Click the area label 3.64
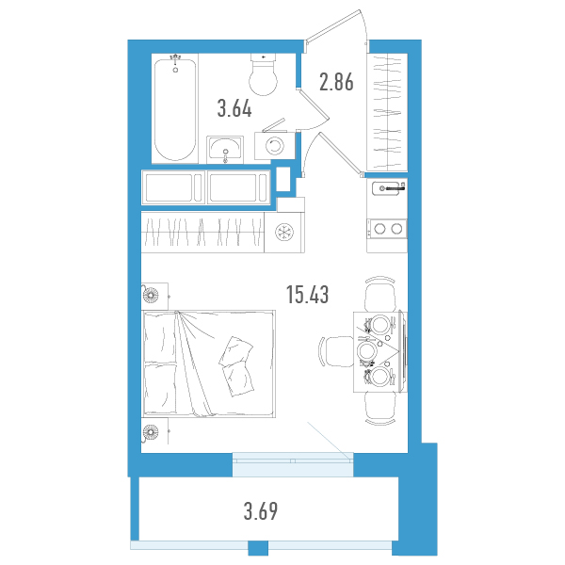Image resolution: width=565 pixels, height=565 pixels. click(x=234, y=108)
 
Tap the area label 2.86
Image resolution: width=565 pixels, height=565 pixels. click(x=336, y=82)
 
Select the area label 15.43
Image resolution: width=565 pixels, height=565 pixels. click(x=307, y=295)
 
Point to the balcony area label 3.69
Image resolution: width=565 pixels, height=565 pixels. click(x=261, y=511)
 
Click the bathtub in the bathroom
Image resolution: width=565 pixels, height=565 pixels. click(x=175, y=109)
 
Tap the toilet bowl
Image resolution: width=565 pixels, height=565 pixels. click(x=264, y=74)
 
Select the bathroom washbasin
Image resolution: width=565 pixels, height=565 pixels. click(x=225, y=149)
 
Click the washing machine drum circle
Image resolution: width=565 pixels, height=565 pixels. click(x=275, y=146)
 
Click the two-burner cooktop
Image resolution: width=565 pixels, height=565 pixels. click(x=387, y=229)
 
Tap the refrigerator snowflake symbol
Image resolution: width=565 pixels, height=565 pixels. click(x=284, y=232)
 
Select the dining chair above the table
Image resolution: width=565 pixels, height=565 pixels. click(x=380, y=294)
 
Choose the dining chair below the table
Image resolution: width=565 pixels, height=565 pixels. click(x=380, y=409)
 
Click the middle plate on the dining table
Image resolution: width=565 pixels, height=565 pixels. click(x=366, y=351)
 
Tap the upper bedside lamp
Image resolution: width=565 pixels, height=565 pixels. click(x=150, y=296)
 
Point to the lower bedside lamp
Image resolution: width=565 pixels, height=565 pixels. click(x=150, y=431)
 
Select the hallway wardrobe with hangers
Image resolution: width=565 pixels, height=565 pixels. click(x=387, y=112)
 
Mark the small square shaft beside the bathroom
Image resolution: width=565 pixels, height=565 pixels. click(x=283, y=180)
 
